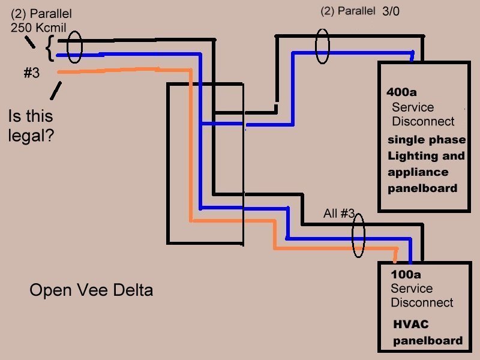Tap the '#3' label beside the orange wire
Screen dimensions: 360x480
[31, 73]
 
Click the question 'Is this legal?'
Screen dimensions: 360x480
[31, 125]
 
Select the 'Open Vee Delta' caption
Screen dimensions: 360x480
[91, 290]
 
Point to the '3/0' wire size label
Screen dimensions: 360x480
[394, 11]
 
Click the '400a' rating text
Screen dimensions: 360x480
[402, 93]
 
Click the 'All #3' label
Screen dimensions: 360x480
[338, 214]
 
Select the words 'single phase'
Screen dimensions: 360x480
[426, 140]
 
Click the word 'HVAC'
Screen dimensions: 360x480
[411, 325]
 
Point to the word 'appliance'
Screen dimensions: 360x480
[418, 172]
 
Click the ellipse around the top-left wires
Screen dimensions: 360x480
[74, 47]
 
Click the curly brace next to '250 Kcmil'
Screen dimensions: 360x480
[49, 48]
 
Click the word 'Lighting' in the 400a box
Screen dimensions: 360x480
[409, 156]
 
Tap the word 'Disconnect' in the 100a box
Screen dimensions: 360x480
[422, 302]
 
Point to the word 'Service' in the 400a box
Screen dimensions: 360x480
[412, 107]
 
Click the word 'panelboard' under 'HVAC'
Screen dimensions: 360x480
[428, 341]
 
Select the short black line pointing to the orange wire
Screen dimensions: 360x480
[55, 91]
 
